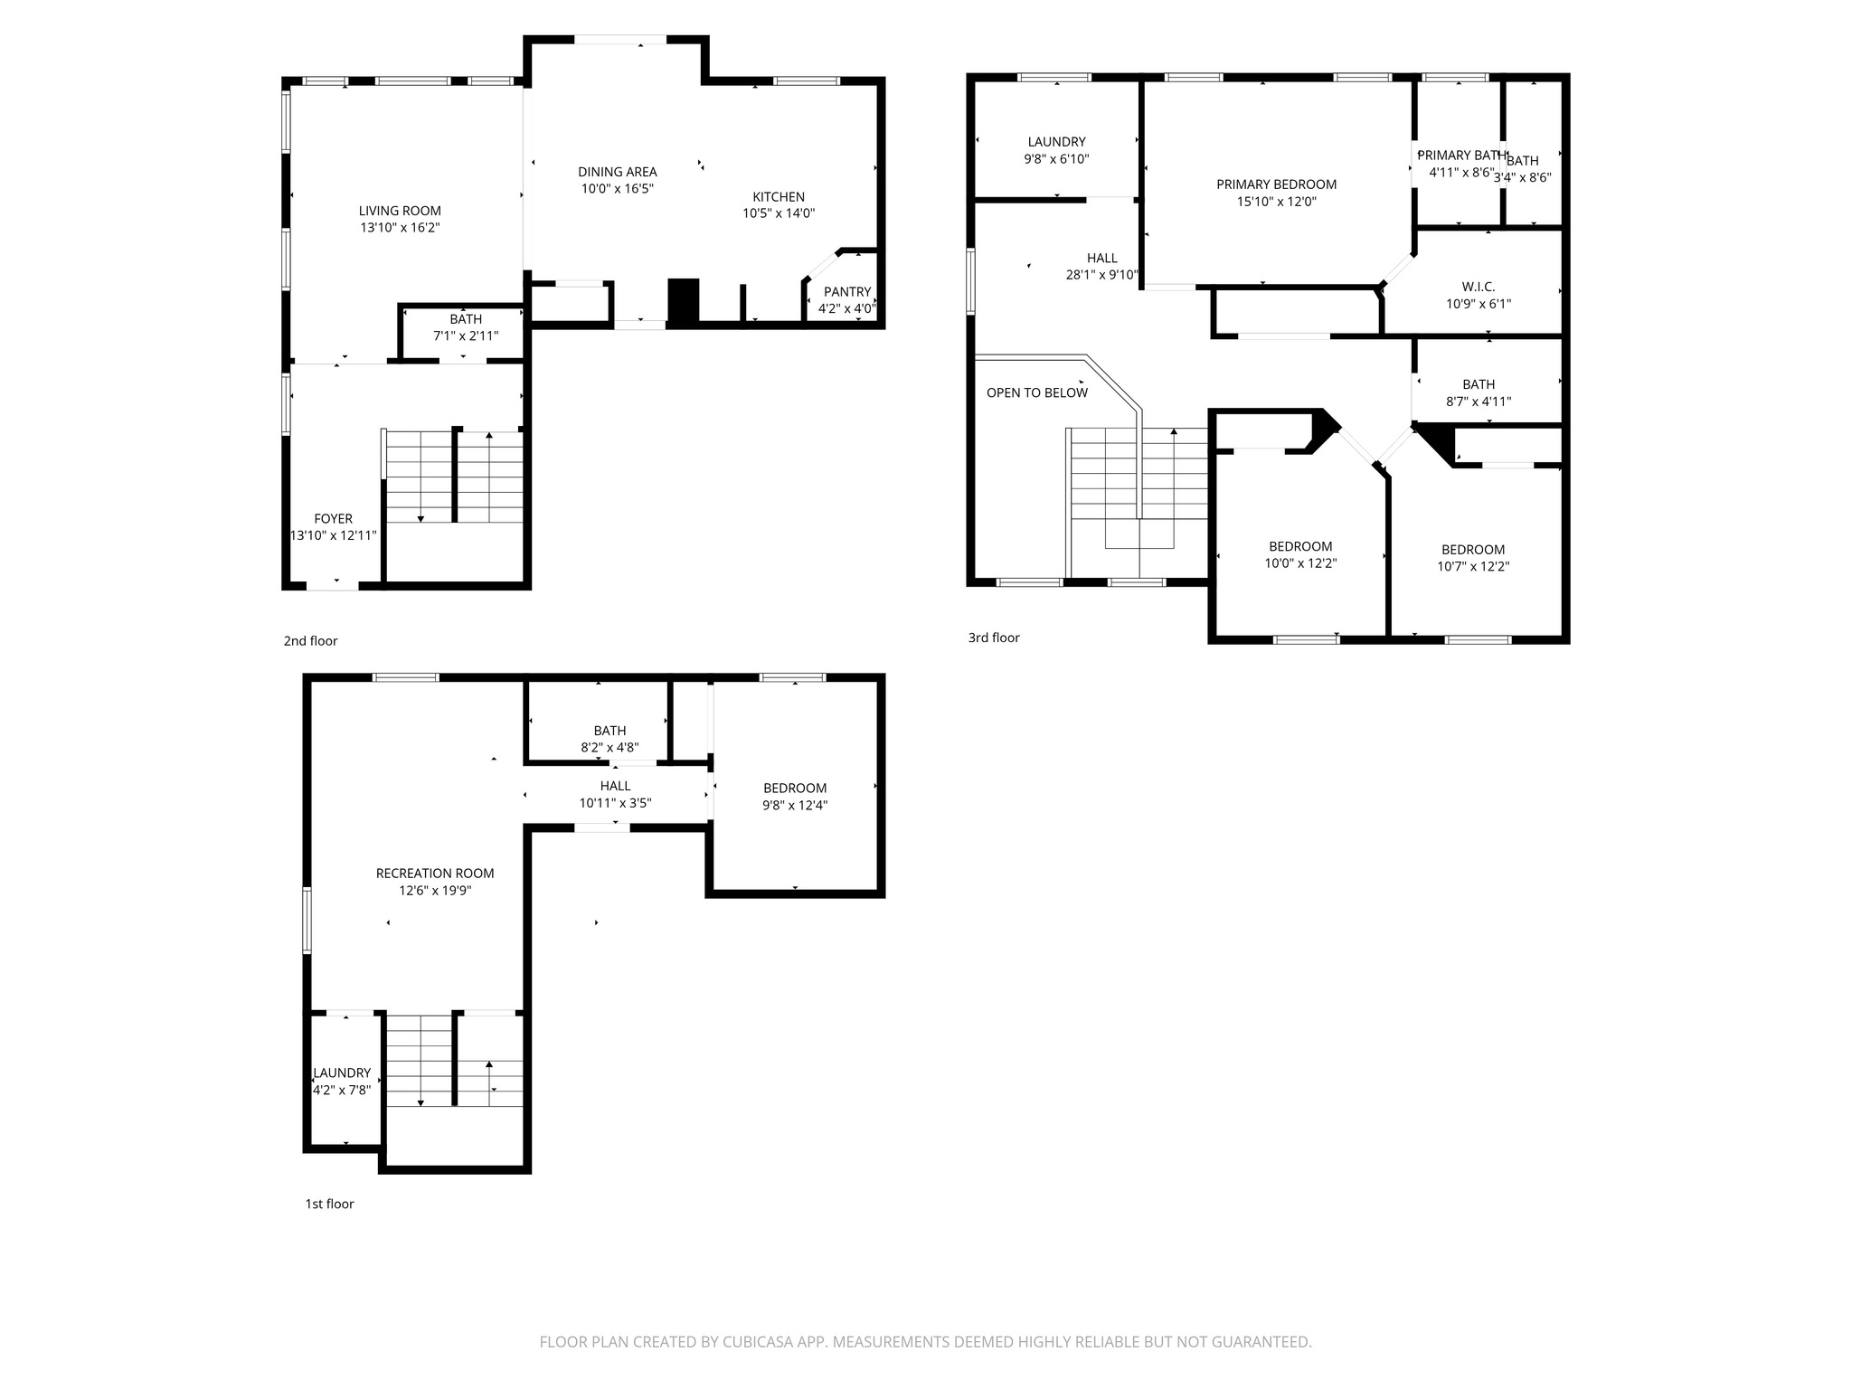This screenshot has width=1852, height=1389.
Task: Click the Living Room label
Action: pos(400,211)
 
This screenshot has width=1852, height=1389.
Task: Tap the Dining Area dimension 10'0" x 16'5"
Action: pos(617,189)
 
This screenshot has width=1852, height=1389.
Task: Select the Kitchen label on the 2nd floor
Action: pos(779,196)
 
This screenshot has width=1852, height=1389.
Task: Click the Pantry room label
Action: pos(846,291)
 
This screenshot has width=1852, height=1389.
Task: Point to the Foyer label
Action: pos(333,518)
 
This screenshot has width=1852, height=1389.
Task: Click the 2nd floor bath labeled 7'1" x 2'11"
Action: pos(466,327)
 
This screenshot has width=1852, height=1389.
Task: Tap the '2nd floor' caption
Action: pos(310,641)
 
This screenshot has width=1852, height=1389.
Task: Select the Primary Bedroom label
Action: pos(1276,184)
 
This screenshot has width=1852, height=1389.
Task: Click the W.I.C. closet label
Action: pos(1478,287)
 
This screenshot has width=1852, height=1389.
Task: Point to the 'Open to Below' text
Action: pos(1036,392)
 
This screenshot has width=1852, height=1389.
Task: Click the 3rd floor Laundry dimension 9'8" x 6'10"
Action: pos(1056,159)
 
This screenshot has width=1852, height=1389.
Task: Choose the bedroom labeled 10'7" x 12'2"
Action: pos(1473,558)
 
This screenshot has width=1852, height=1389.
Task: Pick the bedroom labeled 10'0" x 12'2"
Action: pos(1300,554)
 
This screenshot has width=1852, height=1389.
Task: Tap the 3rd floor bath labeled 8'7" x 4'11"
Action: pos(1479,392)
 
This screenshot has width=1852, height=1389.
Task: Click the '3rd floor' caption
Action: pos(994,638)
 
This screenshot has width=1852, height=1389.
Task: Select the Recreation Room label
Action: pos(435,873)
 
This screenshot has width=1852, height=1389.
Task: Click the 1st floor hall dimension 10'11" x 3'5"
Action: pos(615,803)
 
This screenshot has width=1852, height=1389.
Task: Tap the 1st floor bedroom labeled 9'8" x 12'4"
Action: pos(795,796)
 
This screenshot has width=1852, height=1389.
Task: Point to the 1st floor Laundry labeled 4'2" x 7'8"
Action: pos(342,1081)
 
